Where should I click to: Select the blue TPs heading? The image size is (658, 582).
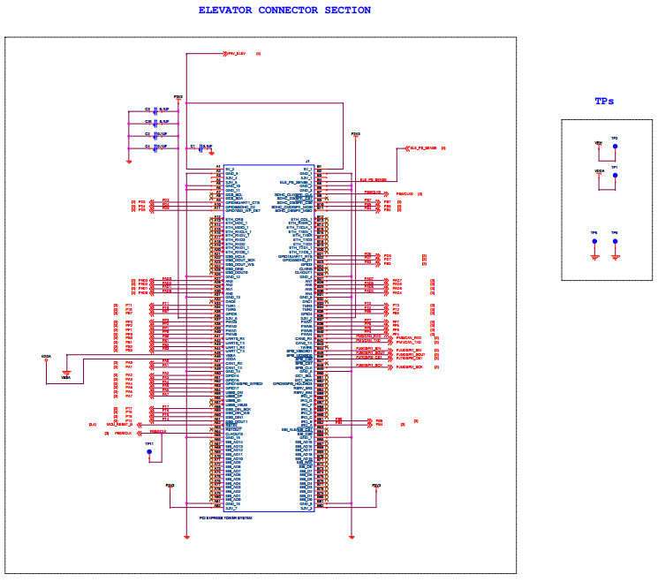[604, 101]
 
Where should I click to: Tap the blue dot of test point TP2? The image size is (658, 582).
[615, 146]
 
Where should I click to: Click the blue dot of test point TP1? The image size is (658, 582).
[615, 174]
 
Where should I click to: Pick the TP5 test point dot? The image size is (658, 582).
[594, 240]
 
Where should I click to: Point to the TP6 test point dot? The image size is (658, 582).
[615, 240]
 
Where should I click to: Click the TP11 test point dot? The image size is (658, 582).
[149, 453]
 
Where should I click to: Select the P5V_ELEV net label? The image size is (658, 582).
[238, 54]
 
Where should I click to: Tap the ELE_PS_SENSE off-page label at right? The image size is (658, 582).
[423, 147]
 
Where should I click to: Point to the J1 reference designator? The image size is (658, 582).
[306, 162]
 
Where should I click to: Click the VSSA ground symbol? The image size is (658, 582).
[65, 375]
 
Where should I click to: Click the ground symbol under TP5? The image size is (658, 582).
[594, 258]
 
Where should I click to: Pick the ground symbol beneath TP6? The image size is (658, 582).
[615, 258]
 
